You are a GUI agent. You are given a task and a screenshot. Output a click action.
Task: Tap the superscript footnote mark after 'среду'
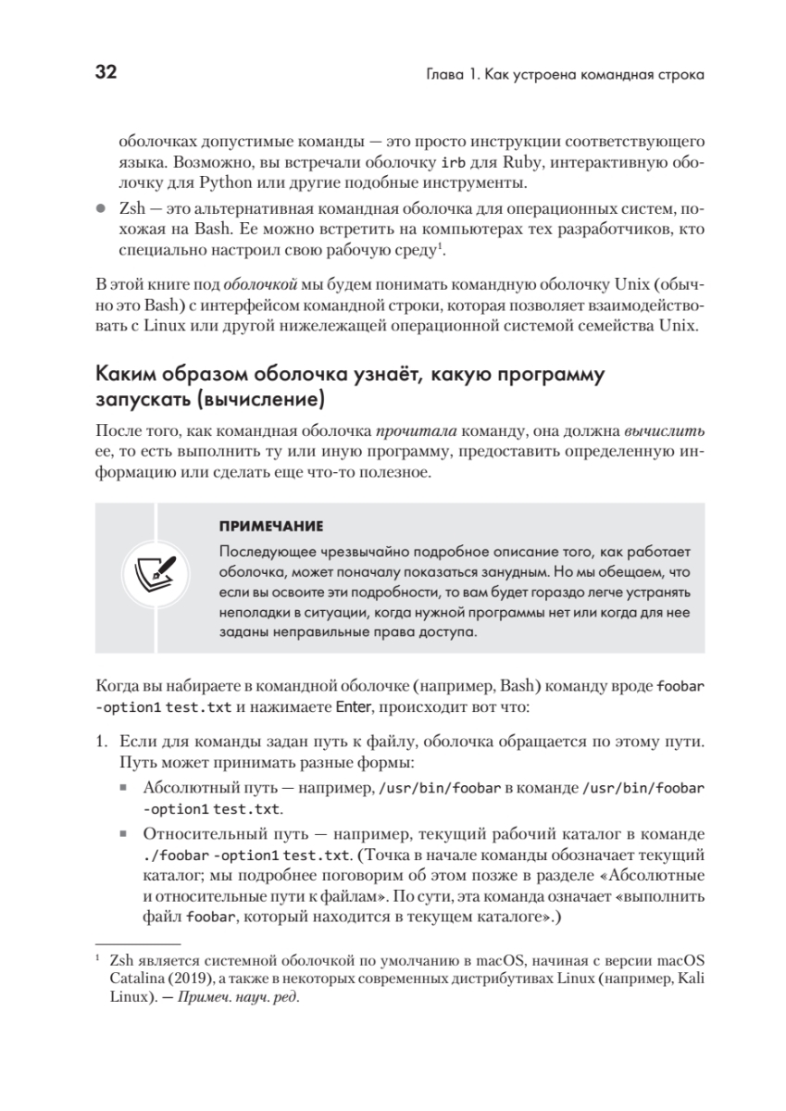[443, 246]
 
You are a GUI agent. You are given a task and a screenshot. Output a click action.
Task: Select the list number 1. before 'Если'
[104, 743]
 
